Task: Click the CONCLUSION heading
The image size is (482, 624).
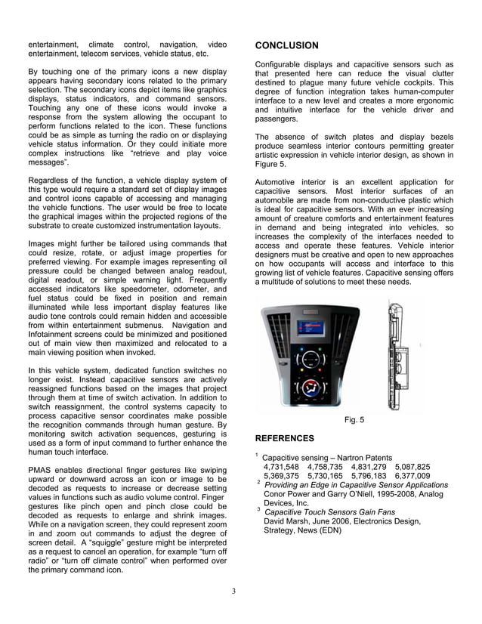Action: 286,45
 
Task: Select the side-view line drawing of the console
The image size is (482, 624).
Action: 397,355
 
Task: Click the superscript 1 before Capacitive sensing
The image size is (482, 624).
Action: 257,455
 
